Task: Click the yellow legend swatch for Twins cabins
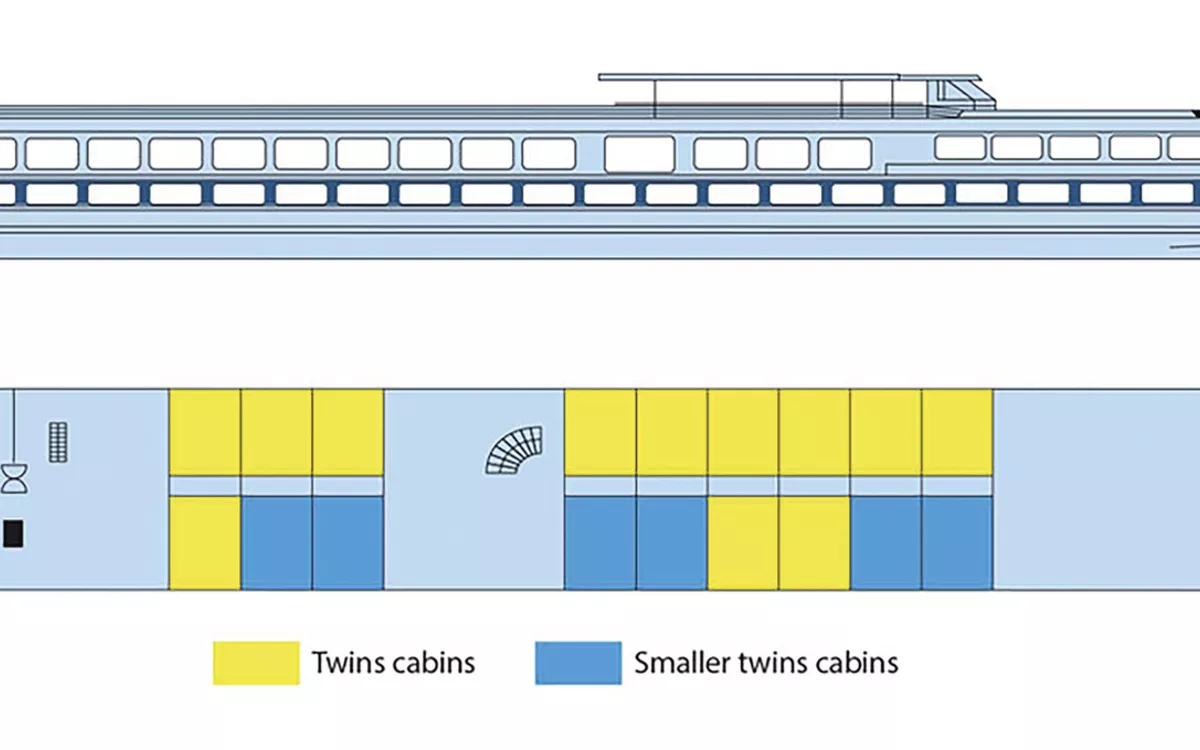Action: click(x=256, y=663)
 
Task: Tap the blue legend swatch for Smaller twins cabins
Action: click(x=578, y=663)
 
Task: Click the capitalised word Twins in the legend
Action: click(x=344, y=662)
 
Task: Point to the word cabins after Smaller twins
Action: click(x=853, y=662)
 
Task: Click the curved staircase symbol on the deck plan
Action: click(x=514, y=449)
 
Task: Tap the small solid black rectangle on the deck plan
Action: click(x=13, y=534)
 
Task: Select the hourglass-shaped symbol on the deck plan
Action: click(x=14, y=478)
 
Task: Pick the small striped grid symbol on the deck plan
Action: click(x=58, y=442)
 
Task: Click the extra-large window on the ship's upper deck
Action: click(x=639, y=154)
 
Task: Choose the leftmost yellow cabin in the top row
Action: click(x=204, y=432)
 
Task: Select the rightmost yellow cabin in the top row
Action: click(x=956, y=432)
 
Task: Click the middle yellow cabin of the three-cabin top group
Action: click(x=276, y=432)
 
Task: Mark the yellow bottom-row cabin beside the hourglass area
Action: click(x=204, y=543)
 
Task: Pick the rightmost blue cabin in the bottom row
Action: click(x=956, y=543)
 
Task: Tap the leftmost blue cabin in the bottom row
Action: click(x=276, y=543)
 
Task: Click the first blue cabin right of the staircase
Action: click(x=600, y=543)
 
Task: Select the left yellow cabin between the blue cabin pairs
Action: click(x=743, y=543)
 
